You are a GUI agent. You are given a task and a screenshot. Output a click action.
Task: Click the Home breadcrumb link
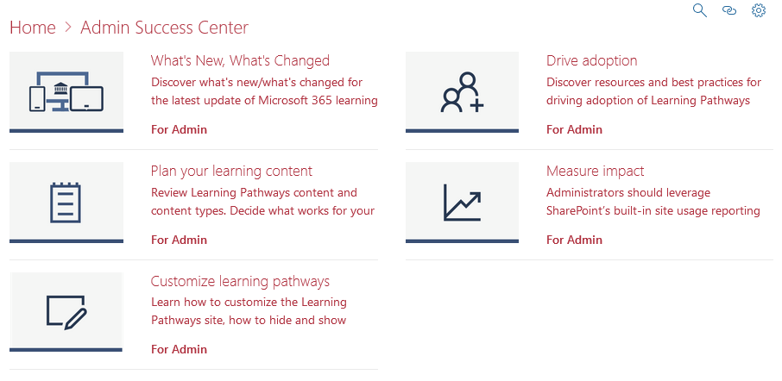point(32,28)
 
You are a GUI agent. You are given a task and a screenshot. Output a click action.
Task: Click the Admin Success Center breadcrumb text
point(164,28)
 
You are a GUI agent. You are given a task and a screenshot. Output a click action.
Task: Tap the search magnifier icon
point(700,10)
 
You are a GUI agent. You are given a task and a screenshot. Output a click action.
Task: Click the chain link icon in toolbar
point(729,11)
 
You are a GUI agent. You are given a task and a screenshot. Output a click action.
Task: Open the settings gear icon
point(759,10)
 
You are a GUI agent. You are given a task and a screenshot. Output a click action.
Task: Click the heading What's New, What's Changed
point(240,60)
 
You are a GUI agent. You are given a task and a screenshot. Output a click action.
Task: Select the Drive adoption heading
point(591,60)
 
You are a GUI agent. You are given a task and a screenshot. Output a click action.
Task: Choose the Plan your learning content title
point(231,171)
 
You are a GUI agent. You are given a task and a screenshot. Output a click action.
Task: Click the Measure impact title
point(595,171)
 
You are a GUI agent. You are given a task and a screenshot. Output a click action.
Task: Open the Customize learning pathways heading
point(240,281)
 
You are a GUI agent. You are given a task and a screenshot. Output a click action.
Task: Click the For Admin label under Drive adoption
point(574,129)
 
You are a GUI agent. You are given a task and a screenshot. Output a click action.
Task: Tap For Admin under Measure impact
point(574,240)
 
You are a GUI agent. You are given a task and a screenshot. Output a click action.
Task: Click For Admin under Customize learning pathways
point(179,349)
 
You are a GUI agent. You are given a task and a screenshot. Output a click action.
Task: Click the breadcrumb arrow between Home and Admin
point(68,28)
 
